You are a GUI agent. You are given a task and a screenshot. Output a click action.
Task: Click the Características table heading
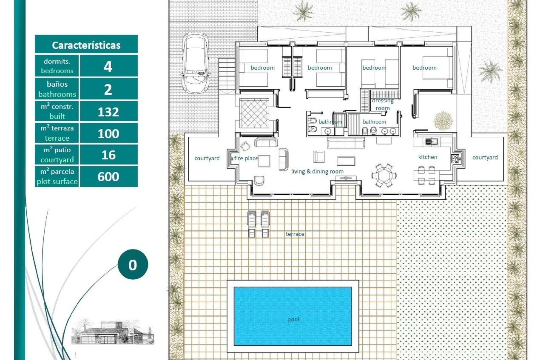pyautogui.click(x=86, y=45)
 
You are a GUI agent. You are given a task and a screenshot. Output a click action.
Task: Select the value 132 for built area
pyautogui.click(x=108, y=112)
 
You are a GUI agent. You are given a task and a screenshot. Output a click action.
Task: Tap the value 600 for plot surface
pyautogui.click(x=108, y=177)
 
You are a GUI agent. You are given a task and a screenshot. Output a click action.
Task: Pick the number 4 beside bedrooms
pyautogui.click(x=108, y=67)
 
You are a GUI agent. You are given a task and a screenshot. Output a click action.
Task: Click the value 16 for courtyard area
pyautogui.click(x=108, y=155)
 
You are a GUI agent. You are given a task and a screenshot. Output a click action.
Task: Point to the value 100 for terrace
pyautogui.click(x=108, y=134)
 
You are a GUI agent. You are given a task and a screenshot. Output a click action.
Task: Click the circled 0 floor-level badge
pyautogui.click(x=132, y=264)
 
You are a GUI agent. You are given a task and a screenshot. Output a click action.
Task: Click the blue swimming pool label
pyautogui.click(x=293, y=319)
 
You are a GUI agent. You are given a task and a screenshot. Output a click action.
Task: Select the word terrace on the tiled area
pyautogui.click(x=295, y=234)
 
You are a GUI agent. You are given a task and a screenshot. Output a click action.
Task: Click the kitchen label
pyautogui.click(x=427, y=157)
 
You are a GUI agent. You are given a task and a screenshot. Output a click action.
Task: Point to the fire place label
pyautogui.click(x=246, y=158)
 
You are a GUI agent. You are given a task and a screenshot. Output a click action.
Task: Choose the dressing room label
pyautogui.click(x=382, y=104)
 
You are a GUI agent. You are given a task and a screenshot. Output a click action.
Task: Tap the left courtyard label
pyautogui.click(x=207, y=158)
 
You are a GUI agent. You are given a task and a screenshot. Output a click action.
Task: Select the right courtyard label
pyautogui.click(x=485, y=157)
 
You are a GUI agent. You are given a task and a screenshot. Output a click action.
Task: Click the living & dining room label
pyautogui.click(x=317, y=171)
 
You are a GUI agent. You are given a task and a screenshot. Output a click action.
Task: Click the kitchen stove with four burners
pyautogui.click(x=455, y=159)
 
